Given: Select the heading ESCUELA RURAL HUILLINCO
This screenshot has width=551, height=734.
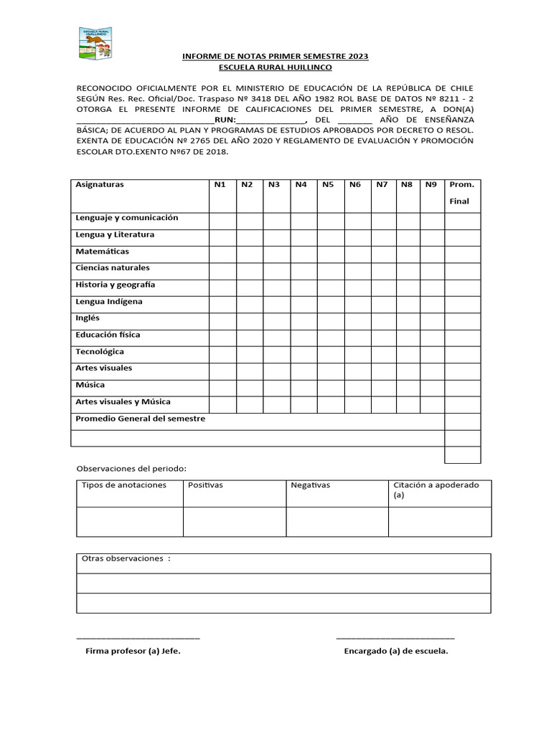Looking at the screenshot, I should pyautogui.click(x=275, y=67).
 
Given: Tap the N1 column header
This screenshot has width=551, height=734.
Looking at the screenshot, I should pyautogui.click(x=220, y=185).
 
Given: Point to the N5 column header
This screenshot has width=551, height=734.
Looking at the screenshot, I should pyautogui.click(x=328, y=185).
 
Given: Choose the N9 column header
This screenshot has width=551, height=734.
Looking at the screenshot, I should pyautogui.click(x=430, y=185).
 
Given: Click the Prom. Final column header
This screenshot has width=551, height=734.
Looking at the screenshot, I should pyautogui.click(x=461, y=193).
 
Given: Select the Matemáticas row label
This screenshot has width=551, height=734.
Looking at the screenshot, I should pyautogui.click(x=103, y=252).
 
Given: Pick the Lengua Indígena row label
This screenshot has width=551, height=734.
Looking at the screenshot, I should pyautogui.click(x=109, y=302).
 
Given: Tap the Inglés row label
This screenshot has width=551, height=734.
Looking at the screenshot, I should pyautogui.click(x=88, y=318).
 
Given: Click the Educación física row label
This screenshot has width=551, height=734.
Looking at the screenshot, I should pyautogui.click(x=108, y=335).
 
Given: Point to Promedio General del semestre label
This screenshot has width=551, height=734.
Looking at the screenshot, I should pyautogui.click(x=141, y=419).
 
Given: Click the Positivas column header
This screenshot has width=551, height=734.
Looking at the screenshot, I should pyautogui.click(x=205, y=485).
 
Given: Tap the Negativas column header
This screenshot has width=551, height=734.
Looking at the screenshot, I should pyautogui.click(x=310, y=485).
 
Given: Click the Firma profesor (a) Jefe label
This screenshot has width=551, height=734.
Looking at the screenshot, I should pyautogui.click(x=133, y=652).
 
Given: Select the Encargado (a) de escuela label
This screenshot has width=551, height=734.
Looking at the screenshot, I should pyautogui.click(x=395, y=652).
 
